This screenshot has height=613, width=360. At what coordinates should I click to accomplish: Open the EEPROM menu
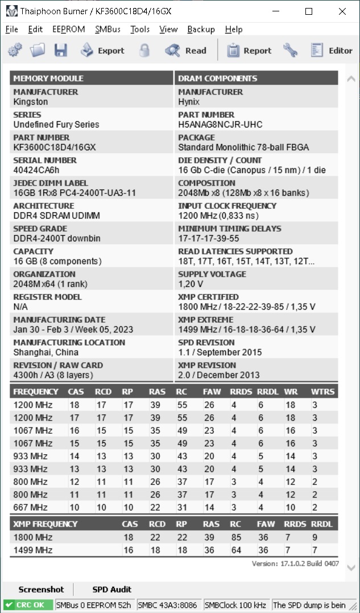pyautogui.click(x=68, y=29)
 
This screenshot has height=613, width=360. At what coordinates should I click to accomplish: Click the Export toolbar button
pyautogui.click(x=102, y=51)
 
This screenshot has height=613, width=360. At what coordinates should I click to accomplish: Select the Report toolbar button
pyautogui.click(x=249, y=51)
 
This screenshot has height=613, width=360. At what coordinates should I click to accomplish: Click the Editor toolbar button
pyautogui.click(x=332, y=51)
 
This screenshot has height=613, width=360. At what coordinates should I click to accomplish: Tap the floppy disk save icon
pyautogui.click(x=61, y=51)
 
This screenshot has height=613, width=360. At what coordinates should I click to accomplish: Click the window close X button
pyautogui.click(x=342, y=11)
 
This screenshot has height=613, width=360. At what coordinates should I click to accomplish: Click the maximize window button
pyautogui.click(x=309, y=11)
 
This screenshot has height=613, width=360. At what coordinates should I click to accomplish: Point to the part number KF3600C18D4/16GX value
pyautogui.click(x=55, y=147)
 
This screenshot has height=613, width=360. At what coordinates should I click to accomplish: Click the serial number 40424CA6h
pyautogui.click(x=36, y=170)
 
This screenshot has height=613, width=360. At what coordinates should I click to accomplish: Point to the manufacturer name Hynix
pyautogui.click(x=189, y=102)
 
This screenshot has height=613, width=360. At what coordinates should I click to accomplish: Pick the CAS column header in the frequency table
pyautogui.click(x=76, y=392)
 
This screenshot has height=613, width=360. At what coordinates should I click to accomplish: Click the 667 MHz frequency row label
pyautogui.click(x=31, y=507)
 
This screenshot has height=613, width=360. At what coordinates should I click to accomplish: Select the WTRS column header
pyautogui.click(x=322, y=392)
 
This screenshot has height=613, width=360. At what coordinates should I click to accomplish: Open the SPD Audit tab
pyautogui.click(x=112, y=589)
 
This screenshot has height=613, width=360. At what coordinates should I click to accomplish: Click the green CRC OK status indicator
pyautogui.click(x=28, y=605)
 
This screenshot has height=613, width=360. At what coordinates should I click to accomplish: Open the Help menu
pyautogui.click(x=233, y=29)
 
